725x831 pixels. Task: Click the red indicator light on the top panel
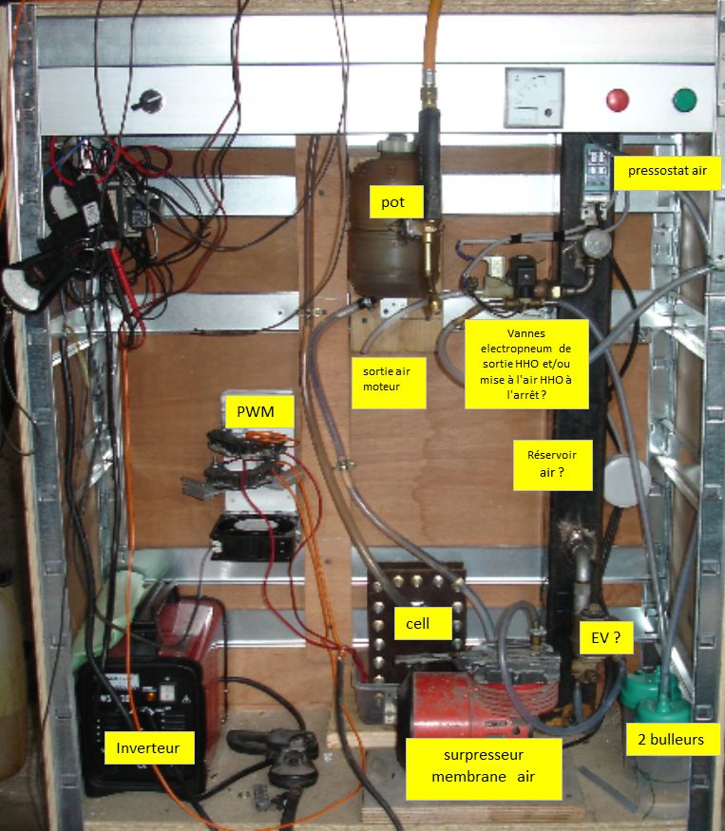point(618,99)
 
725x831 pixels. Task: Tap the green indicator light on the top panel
point(684,99)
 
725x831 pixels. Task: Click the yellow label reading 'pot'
point(393,201)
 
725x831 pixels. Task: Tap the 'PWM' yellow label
point(254,412)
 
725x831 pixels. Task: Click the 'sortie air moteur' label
point(388,381)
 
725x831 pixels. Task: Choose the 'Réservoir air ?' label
point(552,463)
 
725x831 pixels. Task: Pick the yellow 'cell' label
point(417,623)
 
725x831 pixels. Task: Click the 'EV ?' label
point(606,639)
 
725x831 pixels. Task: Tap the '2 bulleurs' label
point(672,739)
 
